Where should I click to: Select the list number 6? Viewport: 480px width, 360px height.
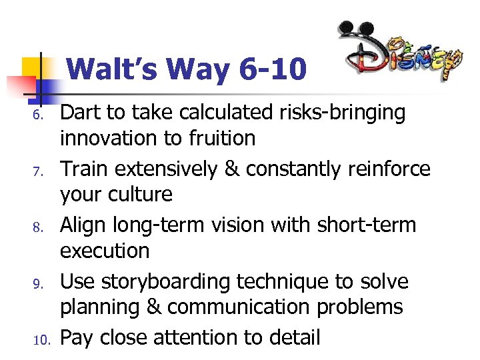click(39, 116)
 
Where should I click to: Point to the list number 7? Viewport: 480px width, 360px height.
click(39, 172)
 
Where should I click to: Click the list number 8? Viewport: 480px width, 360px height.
click(39, 228)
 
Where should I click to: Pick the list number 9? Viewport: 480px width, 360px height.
click(39, 284)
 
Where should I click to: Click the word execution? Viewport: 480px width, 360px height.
click(105, 251)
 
